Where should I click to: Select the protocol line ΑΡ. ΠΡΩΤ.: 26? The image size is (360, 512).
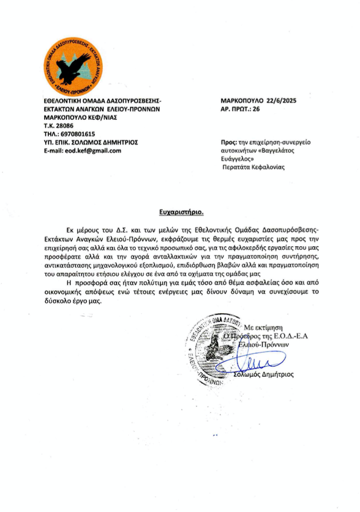pyautogui.click(x=239, y=109)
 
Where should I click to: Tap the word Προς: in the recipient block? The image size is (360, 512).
pyautogui.click(x=228, y=142)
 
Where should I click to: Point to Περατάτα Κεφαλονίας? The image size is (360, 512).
pyautogui.click(x=253, y=167)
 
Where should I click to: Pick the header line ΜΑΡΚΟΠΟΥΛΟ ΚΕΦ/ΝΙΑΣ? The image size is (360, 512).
pyautogui.click(x=79, y=118)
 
